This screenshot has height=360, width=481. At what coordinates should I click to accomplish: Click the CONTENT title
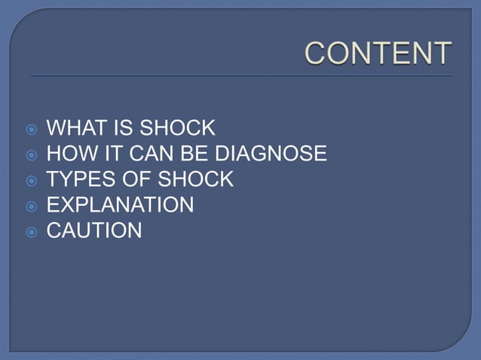click(378, 54)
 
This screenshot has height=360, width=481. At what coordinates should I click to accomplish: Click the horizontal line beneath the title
click(241, 76)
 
